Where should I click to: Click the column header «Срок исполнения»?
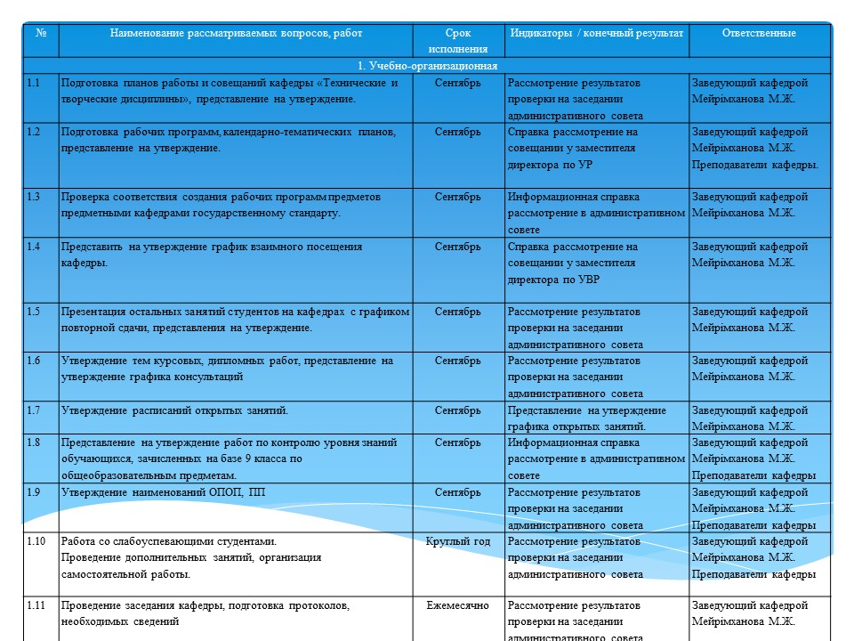tap(457, 41)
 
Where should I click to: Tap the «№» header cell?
tap(41, 33)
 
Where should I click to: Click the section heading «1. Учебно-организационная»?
tap(427, 66)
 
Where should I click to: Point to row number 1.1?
tap(34, 83)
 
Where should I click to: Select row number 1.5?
tap(34, 312)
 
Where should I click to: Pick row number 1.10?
tap(36, 541)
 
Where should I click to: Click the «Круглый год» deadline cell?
tap(457, 541)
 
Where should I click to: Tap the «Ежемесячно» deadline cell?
tap(457, 605)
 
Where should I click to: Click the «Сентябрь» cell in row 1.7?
tap(457, 410)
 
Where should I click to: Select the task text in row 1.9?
tap(163, 492)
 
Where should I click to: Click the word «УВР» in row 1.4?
tap(589, 280)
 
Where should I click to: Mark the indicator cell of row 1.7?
tap(586, 418)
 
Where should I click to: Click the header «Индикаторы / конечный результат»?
tap(596, 33)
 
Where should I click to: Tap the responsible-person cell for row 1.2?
tap(755, 148)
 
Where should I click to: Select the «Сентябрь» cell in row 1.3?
tap(457, 197)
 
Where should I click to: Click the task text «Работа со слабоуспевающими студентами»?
tap(168, 541)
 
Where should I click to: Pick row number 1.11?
tap(36, 605)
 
